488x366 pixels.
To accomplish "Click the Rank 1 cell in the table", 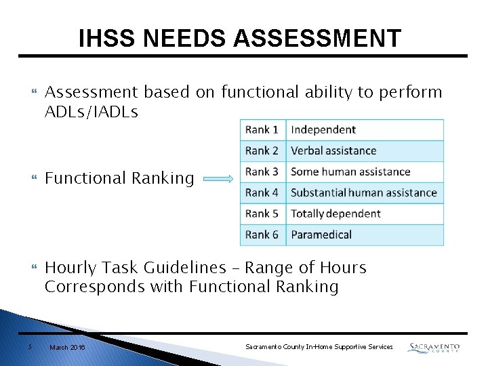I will (262, 130).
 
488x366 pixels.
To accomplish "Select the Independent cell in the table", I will (365, 130).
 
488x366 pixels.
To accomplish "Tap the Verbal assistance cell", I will (365, 151).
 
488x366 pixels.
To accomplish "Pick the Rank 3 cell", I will (262, 172).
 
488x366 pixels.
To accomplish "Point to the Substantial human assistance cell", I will (365, 193).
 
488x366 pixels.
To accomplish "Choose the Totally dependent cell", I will (365, 214).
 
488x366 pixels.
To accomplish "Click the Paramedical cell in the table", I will (365, 235).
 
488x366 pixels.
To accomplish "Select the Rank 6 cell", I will (262, 235).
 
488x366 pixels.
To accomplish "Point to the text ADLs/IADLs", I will (91, 112).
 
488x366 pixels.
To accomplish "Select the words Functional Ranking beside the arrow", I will (119, 178).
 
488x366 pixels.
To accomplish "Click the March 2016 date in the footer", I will (67, 347).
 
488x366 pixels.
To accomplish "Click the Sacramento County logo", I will (434, 347).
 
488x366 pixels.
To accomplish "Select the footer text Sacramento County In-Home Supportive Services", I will (319, 347).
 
